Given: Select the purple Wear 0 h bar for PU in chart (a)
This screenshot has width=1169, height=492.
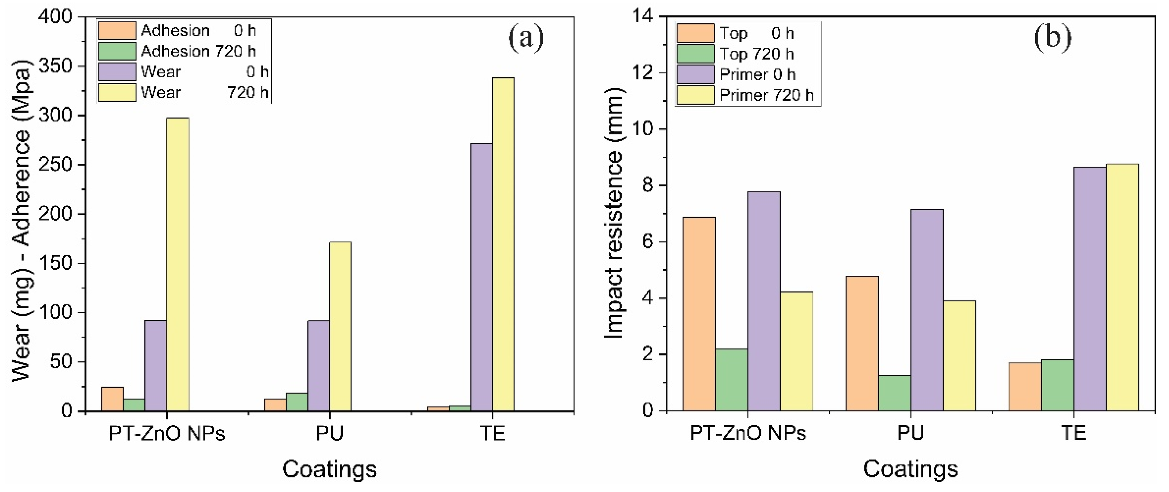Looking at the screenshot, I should click(319, 365).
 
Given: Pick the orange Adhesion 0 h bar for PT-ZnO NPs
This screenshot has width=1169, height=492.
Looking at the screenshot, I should click(112, 399).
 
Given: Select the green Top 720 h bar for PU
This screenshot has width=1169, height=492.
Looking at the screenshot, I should click(894, 393).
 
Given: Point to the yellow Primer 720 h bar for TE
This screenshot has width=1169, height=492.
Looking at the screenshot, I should click(1122, 287).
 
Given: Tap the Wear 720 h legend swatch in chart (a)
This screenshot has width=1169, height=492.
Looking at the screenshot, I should click(117, 93).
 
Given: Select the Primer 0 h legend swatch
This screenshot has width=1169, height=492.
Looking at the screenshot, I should click(695, 74).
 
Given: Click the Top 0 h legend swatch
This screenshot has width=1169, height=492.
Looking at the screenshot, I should click(695, 33).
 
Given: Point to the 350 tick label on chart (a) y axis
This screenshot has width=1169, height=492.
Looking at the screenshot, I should click(55, 66).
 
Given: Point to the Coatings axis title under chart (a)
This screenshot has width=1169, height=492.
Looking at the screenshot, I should click(330, 469).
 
